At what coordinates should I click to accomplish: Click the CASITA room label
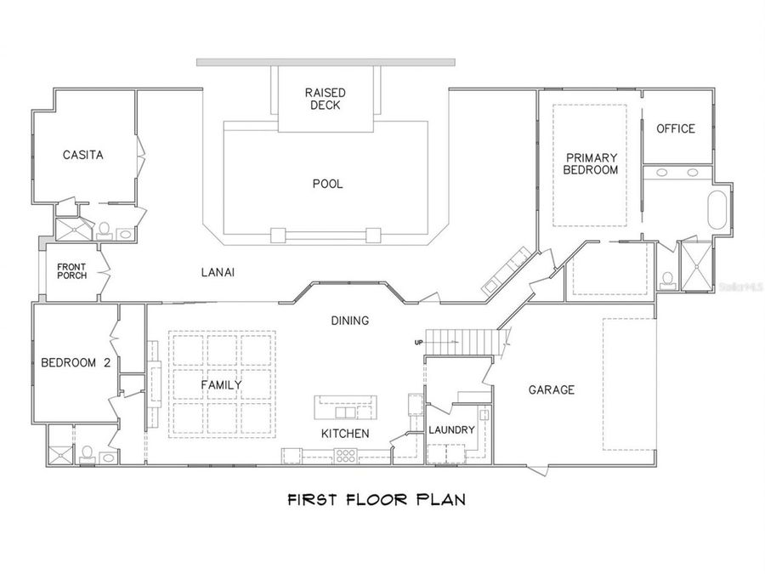click(x=83, y=155)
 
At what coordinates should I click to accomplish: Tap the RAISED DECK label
click(x=326, y=99)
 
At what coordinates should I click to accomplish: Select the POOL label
click(x=328, y=184)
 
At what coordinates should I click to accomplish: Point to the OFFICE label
click(x=676, y=128)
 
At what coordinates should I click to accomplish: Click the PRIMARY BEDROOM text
click(x=591, y=163)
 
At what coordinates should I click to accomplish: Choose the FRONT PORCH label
click(x=71, y=271)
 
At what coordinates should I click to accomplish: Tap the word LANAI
click(x=218, y=272)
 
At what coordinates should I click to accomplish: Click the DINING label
click(x=350, y=321)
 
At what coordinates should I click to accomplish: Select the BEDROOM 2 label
click(x=76, y=362)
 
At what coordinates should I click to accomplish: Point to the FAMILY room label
click(x=221, y=385)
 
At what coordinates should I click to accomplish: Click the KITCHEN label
click(x=345, y=434)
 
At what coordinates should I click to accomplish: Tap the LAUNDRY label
click(x=451, y=429)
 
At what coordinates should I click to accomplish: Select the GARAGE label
click(x=552, y=389)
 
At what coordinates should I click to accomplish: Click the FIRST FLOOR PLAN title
click(x=377, y=499)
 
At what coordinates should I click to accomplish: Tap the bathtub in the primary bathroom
click(x=717, y=210)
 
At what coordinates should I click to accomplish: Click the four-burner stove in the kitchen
click(x=345, y=456)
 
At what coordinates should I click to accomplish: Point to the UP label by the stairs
click(x=418, y=343)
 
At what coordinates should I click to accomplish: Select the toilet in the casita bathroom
click(x=105, y=230)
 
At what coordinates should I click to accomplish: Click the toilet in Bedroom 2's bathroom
click(x=87, y=454)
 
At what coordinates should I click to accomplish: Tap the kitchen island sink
click(x=345, y=413)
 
